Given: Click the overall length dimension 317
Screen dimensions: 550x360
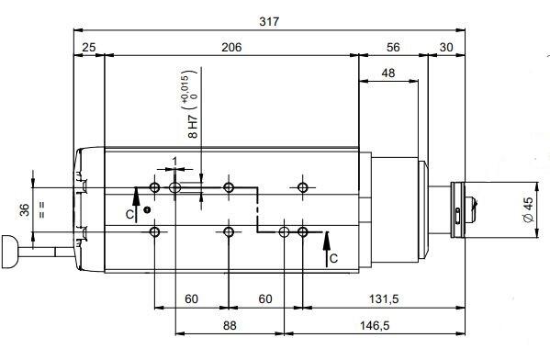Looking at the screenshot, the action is [x=269, y=22].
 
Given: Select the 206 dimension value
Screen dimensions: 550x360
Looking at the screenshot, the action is [x=231, y=48].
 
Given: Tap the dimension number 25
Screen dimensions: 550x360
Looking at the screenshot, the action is [x=89, y=48].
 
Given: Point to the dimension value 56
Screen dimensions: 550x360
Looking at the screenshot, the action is [x=393, y=48].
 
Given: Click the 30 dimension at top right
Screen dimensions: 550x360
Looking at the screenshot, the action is [x=446, y=48].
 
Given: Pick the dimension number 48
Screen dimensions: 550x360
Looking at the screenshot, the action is [x=388, y=73].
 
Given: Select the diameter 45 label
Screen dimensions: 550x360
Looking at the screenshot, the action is [x=528, y=209].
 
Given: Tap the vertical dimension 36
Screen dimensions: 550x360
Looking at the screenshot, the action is [x=25, y=209].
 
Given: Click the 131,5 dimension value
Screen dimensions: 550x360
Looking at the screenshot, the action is [x=384, y=299].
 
